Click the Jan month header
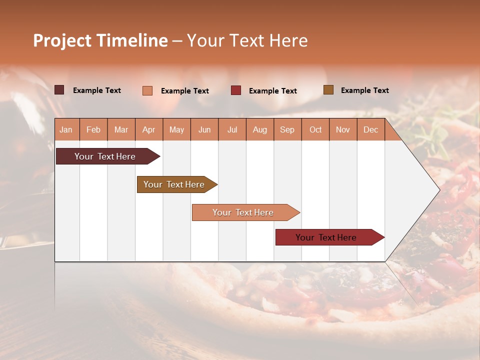pyautogui.click(x=66, y=129)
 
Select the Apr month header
pyautogui.click(x=149, y=129)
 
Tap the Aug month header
pyautogui.click(x=259, y=129)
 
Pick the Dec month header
pyautogui.click(x=370, y=129)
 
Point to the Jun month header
pyautogui.click(x=204, y=129)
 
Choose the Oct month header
pyautogui.click(x=315, y=129)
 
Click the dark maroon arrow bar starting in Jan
pyautogui.click(x=105, y=156)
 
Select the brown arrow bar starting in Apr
pyautogui.click(x=174, y=184)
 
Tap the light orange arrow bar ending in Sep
pyautogui.click(x=243, y=212)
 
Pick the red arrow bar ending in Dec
pyautogui.click(x=326, y=237)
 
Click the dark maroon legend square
pyautogui.click(x=59, y=90)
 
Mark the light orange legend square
pyautogui.click(x=147, y=90)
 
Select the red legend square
pyautogui.click(x=236, y=90)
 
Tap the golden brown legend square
pyautogui.click(x=328, y=90)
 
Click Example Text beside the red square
pyautogui.click(x=273, y=91)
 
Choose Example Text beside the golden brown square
pyautogui.click(x=365, y=90)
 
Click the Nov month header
pyautogui.click(x=343, y=129)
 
